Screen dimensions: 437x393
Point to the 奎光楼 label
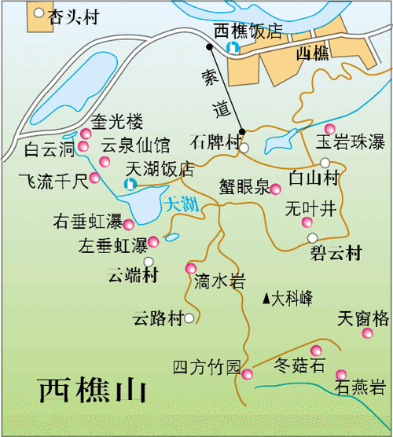[x=116, y=122]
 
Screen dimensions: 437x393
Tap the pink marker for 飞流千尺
[x=94, y=178]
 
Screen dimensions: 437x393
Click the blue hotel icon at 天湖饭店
[x=130, y=183]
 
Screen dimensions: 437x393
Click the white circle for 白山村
[x=325, y=163]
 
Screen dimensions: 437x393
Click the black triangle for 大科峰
[x=267, y=298]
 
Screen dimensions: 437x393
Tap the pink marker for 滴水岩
[x=190, y=268]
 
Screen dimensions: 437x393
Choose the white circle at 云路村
[x=189, y=318]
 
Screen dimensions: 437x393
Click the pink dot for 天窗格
[x=366, y=334]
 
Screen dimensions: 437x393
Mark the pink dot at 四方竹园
[x=247, y=373]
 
